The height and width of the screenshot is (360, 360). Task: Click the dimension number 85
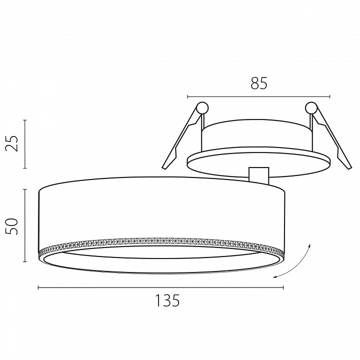point(259,83)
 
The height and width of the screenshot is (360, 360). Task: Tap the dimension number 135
point(167,300)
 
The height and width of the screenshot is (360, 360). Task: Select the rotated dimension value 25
point(12,143)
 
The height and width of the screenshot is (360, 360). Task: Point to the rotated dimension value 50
point(12,226)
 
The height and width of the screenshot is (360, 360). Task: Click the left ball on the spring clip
point(202,107)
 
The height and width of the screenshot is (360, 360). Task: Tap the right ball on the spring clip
point(311,107)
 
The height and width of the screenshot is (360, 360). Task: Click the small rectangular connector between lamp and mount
point(259,175)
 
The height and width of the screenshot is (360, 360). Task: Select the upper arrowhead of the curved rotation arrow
point(309,245)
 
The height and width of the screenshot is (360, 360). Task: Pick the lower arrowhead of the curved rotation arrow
point(275,277)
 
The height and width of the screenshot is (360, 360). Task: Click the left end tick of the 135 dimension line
point(38,287)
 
